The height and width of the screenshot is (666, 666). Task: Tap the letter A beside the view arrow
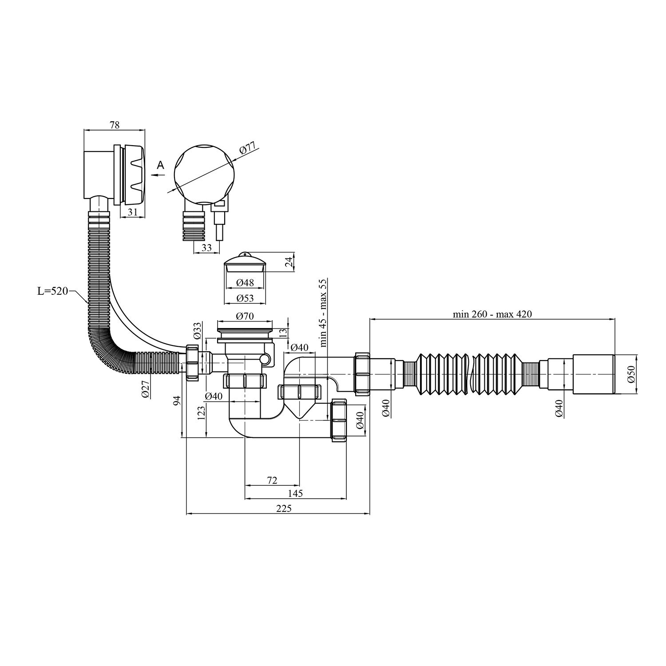(x=161, y=165)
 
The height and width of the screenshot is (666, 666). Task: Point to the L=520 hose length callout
(x=52, y=291)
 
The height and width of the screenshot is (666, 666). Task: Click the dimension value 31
(x=132, y=212)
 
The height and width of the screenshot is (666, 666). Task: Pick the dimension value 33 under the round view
(x=206, y=248)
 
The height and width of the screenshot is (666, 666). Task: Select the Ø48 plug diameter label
(x=245, y=282)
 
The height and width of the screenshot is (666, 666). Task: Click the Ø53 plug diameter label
(x=245, y=298)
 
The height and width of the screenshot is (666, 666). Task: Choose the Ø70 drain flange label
(x=245, y=317)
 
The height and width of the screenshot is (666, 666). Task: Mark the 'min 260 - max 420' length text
(x=492, y=314)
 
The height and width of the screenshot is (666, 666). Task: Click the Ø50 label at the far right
(x=632, y=374)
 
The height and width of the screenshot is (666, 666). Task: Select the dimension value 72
(x=272, y=480)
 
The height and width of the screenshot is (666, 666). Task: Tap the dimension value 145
(x=295, y=493)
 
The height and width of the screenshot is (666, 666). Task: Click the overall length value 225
(x=284, y=509)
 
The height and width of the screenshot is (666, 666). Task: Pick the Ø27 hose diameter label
(x=145, y=389)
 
